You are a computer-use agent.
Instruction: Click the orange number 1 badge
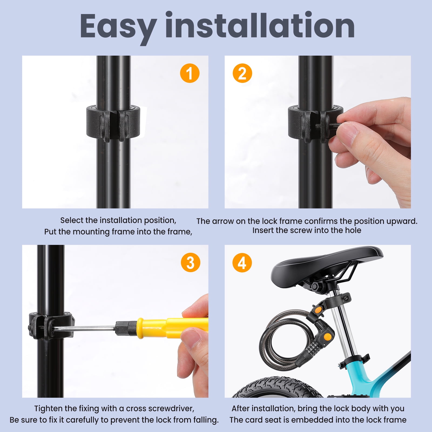pos(190,73)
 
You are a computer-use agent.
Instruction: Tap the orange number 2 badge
pos(242,73)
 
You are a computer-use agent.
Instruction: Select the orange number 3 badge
pos(190,262)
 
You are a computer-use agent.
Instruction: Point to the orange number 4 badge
pos(242,263)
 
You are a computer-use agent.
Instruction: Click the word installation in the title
pos(260,25)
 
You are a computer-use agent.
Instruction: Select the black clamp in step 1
pos(113,123)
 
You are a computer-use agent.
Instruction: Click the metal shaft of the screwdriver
pos(85,329)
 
